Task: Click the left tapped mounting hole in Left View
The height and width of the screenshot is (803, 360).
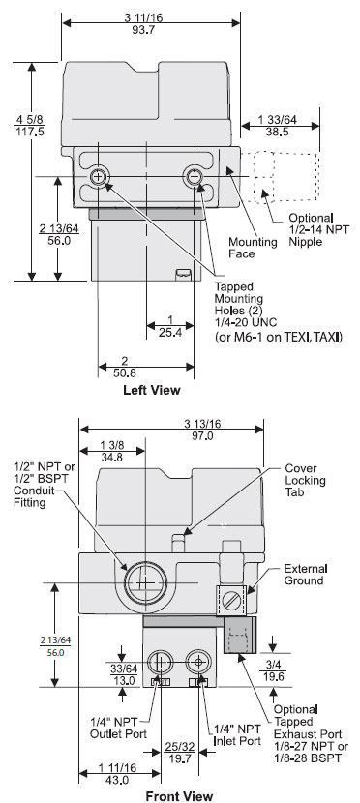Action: tap(98, 178)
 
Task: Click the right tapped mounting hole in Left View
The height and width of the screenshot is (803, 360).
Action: tap(196, 178)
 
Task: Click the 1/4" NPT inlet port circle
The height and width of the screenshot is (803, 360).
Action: tap(200, 662)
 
